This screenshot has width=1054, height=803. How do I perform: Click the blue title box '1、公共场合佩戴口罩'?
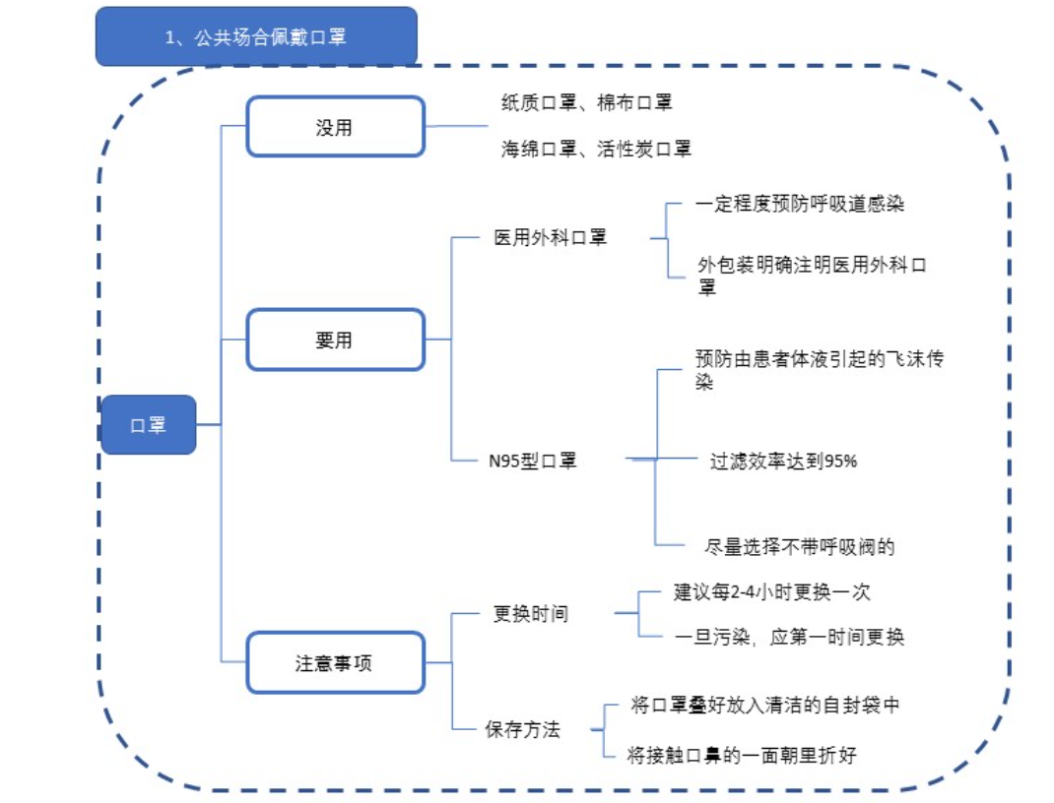click(x=256, y=37)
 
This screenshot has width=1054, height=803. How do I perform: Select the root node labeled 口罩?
click(x=149, y=425)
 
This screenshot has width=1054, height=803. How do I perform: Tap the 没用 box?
click(x=335, y=127)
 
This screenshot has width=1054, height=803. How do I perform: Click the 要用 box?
click(x=335, y=340)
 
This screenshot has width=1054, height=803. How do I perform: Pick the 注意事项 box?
click(x=335, y=662)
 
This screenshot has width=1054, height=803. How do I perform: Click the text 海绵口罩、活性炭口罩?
click(x=596, y=149)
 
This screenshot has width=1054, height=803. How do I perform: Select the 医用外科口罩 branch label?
click(x=551, y=238)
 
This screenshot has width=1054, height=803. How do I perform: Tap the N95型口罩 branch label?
click(x=533, y=460)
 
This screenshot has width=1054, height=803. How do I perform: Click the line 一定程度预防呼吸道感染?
click(x=800, y=205)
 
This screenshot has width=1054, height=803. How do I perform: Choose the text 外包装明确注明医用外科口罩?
click(x=812, y=275)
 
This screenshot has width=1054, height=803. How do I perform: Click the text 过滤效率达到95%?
click(x=783, y=460)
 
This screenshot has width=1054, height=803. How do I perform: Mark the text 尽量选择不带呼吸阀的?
click(x=800, y=547)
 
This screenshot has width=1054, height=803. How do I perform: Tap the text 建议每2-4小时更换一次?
click(x=772, y=592)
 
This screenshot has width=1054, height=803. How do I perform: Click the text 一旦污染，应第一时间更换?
click(x=789, y=637)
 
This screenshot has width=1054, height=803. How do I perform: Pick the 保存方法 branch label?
click(x=522, y=730)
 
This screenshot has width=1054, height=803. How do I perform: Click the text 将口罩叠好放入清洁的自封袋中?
click(x=764, y=706)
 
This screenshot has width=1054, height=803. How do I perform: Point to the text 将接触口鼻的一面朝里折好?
click(x=742, y=756)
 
